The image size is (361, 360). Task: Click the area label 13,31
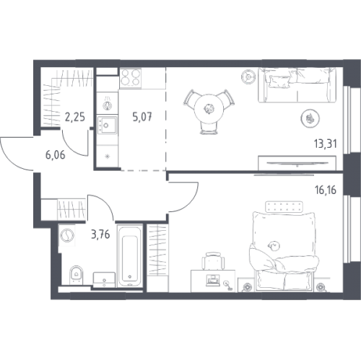(325, 144)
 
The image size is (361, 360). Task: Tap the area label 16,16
(326, 190)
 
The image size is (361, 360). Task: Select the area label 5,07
(142, 117)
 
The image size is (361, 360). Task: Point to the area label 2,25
(75, 117)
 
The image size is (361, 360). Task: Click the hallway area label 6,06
(56, 155)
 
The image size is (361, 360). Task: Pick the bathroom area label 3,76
(100, 234)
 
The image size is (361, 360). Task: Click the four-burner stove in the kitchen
(131, 77)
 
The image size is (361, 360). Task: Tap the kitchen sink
(107, 125)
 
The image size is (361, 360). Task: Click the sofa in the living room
(297, 85)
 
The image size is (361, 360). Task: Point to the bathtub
(129, 255)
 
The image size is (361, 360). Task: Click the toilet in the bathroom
(76, 275)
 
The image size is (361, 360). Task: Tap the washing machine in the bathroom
(66, 235)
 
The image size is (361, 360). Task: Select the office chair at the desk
(213, 261)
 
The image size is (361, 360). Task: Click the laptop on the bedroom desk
(213, 281)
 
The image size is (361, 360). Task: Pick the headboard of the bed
(284, 207)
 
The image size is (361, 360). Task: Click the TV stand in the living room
(297, 163)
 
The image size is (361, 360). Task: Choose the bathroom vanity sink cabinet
(104, 280)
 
